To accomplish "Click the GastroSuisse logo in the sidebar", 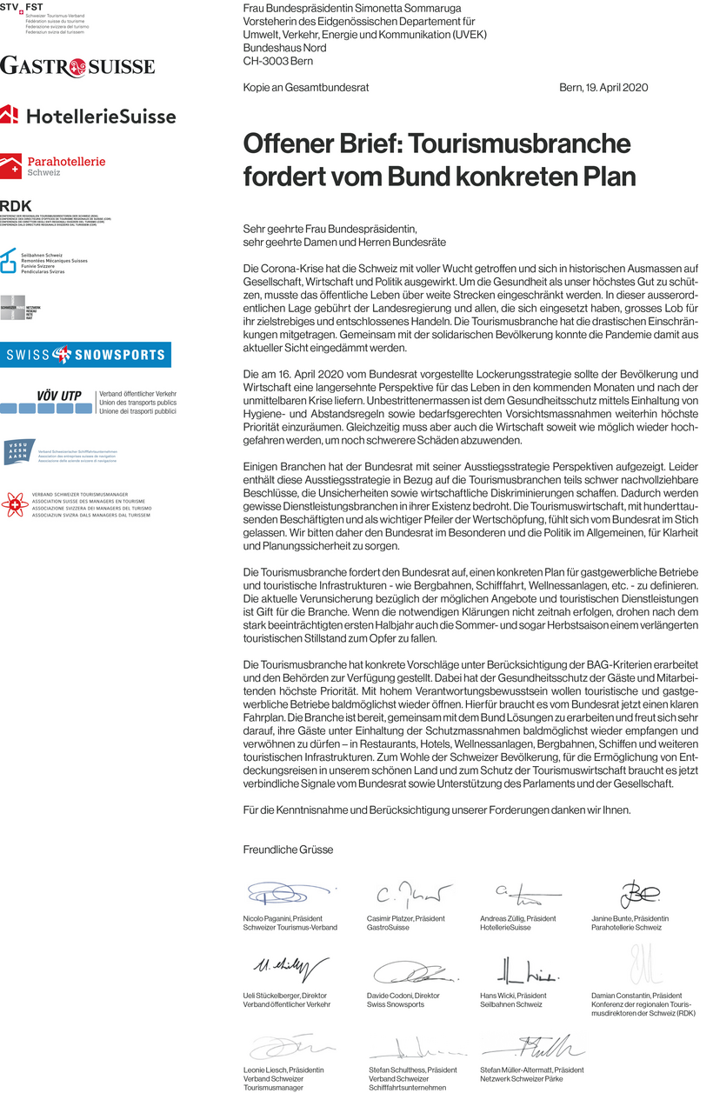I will (x=77, y=66).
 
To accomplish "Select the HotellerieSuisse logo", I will (x=88, y=116).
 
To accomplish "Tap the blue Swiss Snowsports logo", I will (x=85, y=355).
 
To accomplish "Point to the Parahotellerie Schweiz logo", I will (x=53, y=165).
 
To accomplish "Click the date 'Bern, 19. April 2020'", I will (x=603, y=88).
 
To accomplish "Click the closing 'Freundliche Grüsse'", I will (x=288, y=850).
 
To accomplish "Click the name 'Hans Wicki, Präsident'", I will (x=513, y=995).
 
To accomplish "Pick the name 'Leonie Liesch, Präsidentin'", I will (x=283, y=1070).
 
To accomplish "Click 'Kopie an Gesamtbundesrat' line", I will (x=295, y=88).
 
